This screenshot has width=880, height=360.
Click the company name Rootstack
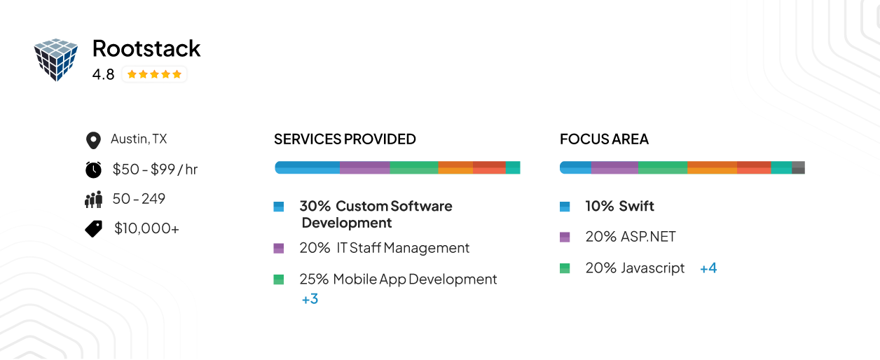click(146, 48)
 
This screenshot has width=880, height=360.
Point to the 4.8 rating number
click(103, 74)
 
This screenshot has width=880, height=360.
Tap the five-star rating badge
click(154, 74)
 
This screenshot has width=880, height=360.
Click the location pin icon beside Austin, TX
click(92, 140)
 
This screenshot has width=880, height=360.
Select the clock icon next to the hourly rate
click(93, 169)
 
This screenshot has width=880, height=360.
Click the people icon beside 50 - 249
click(93, 200)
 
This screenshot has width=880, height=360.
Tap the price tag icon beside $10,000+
click(93, 228)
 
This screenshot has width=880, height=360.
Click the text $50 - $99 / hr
click(155, 169)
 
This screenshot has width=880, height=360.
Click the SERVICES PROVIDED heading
click(345, 139)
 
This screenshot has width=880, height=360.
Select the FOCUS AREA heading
click(604, 139)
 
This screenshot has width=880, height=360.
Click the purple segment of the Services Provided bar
click(364, 167)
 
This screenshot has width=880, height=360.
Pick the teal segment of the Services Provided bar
click(513, 167)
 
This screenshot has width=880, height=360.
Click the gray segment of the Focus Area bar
click(798, 167)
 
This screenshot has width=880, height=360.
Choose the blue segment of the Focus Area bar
click(576, 167)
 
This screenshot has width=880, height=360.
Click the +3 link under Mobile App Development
click(310, 299)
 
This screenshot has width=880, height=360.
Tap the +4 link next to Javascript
click(708, 268)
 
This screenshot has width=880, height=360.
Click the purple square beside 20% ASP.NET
click(565, 237)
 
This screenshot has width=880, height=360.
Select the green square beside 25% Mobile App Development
click(279, 279)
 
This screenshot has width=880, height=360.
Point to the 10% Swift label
click(619, 207)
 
